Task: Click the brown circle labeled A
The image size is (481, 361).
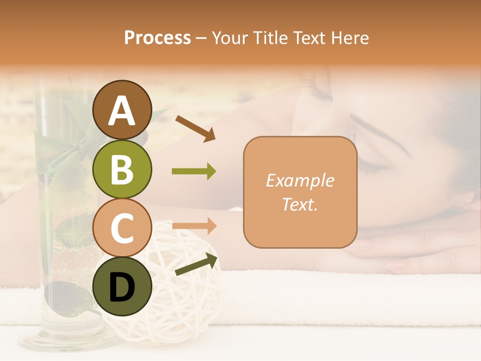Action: [x=122, y=110]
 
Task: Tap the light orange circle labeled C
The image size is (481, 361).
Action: [x=122, y=227]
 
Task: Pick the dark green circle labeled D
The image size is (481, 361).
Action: [x=122, y=286]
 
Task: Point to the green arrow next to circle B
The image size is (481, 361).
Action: [x=194, y=171]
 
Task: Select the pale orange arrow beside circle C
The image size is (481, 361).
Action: [x=194, y=226]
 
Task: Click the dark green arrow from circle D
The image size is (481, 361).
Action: [x=196, y=265]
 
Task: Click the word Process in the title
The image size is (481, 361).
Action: [x=157, y=38]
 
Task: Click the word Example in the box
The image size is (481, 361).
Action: [x=300, y=180]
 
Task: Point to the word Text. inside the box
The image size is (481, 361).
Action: [x=300, y=204]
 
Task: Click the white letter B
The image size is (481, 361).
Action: [x=122, y=169]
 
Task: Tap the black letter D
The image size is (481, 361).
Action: [x=122, y=286]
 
